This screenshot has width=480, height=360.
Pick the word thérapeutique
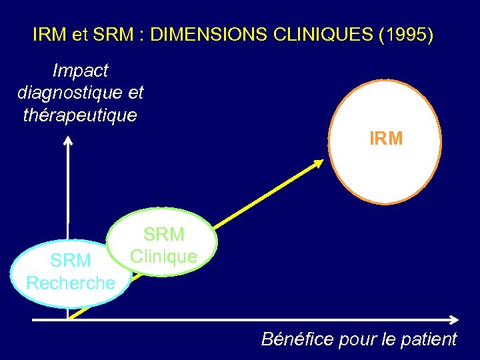coord(80,115)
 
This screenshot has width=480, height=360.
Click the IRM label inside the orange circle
coord(386,139)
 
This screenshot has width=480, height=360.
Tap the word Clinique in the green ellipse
coord(164,256)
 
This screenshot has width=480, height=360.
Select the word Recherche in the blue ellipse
coord(71,283)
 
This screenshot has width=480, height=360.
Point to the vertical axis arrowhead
coord(68,140)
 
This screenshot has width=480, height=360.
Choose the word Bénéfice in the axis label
coord(297,339)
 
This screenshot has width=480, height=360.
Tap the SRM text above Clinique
coord(164,235)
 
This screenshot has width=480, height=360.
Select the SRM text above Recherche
coord(71,261)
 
